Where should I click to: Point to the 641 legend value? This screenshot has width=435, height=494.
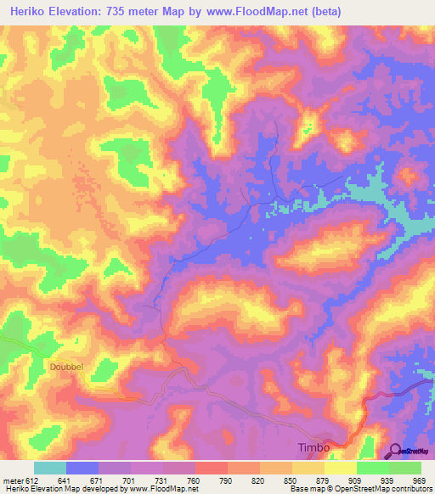65,480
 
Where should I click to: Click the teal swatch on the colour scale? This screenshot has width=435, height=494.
49,468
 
